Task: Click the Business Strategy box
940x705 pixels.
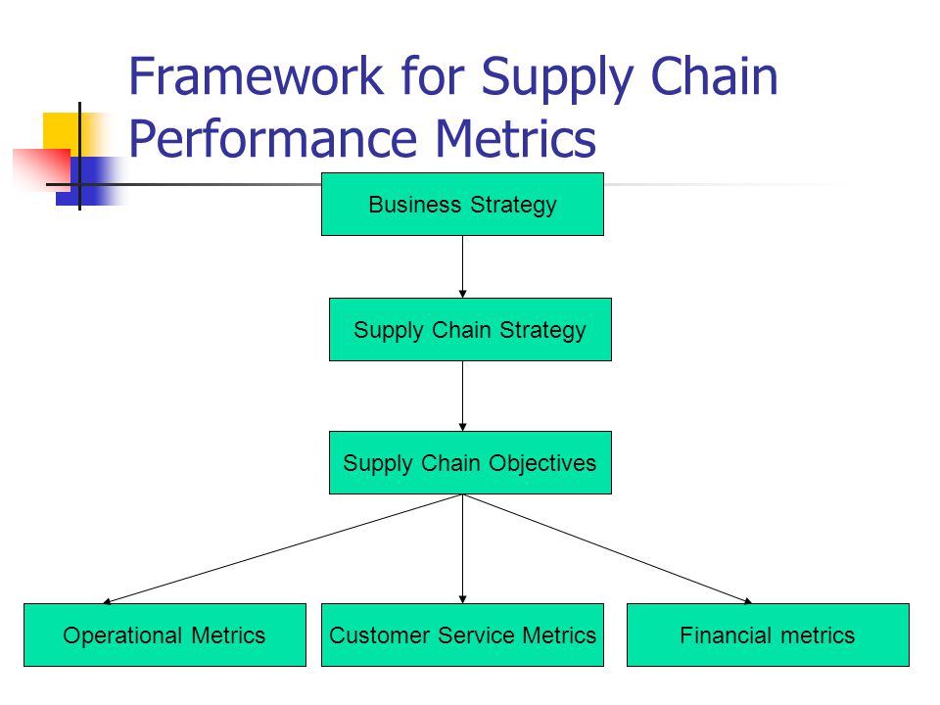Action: coord(462,204)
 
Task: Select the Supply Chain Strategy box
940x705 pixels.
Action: coord(470,329)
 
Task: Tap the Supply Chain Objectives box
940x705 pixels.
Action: coord(470,462)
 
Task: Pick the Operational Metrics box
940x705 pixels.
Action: coord(164,634)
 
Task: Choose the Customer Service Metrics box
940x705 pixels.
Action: coord(462,634)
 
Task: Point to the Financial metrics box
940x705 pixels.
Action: coord(768,634)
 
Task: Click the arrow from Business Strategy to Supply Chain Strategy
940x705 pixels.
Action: coord(462,266)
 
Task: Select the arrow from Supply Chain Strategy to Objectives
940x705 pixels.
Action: coord(462,396)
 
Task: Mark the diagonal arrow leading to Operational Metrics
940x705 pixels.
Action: coord(282,548)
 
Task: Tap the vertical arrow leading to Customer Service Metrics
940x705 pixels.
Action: coord(462,548)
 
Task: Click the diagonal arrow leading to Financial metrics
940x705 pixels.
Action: coord(607,548)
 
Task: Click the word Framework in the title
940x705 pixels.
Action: coord(256,76)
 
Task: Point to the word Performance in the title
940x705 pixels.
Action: coord(272,138)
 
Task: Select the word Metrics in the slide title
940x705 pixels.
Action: coord(515,138)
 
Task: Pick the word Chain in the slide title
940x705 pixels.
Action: coord(714,76)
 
